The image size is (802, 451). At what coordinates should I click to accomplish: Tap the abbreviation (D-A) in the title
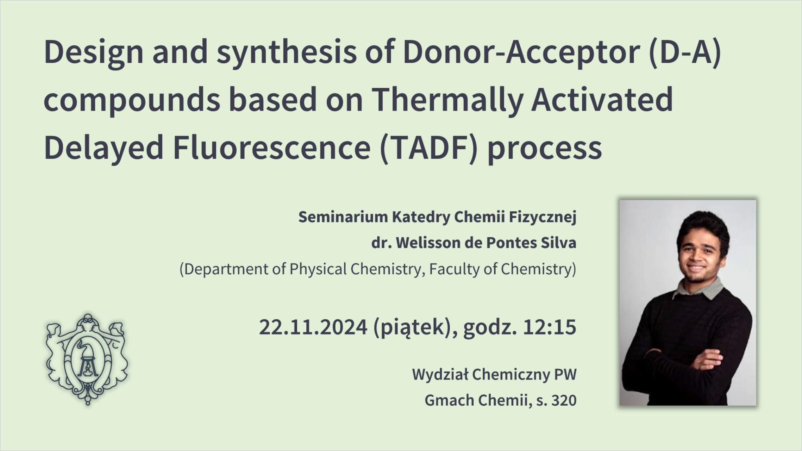pos(685,52)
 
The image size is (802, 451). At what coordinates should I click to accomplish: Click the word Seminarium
pos(343,217)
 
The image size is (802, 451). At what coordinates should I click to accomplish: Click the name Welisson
pos(428,243)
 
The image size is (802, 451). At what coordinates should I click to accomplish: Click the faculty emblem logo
pos(87,359)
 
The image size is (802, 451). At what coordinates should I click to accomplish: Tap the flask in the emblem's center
pos(87,360)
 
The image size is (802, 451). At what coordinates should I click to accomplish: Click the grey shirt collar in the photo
pos(699,289)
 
